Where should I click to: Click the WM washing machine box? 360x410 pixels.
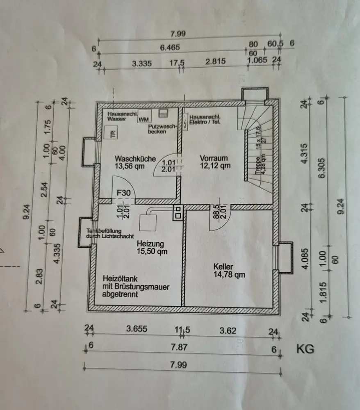tap(144, 119)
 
